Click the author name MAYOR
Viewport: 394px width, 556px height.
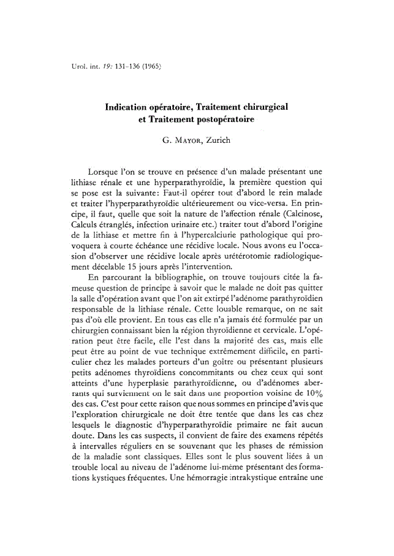pyautogui.click(x=186, y=141)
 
